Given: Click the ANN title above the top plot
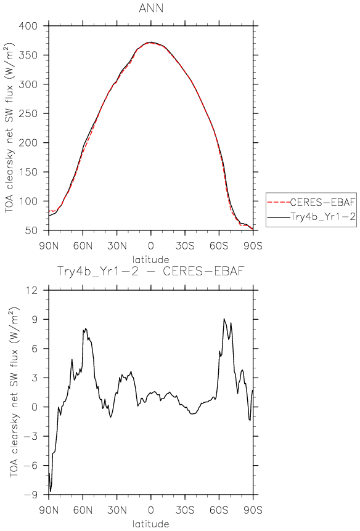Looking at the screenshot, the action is (x=151, y=9).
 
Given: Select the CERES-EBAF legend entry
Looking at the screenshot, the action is (x=322, y=202).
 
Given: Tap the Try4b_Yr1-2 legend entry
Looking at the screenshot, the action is (x=322, y=217).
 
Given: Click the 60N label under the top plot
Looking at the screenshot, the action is (x=83, y=245).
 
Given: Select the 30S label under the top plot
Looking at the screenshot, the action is (x=185, y=245).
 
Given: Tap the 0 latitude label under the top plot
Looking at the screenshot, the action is (x=151, y=245).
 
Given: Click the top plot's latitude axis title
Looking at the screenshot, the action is (x=151, y=260).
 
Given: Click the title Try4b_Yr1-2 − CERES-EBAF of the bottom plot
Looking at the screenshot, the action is (x=151, y=272).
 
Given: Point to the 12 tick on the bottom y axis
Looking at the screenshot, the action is (x=36, y=290).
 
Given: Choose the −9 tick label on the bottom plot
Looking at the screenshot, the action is (x=33, y=495).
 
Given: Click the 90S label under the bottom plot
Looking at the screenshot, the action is (x=253, y=509).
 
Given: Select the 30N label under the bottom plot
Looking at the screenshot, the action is (x=117, y=509).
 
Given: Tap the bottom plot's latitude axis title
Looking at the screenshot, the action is (x=151, y=524).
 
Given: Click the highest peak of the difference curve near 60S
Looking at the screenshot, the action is (x=224, y=318).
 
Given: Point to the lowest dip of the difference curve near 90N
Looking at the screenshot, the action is (x=51, y=492).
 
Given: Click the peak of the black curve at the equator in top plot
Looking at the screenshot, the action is (x=150, y=43).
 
